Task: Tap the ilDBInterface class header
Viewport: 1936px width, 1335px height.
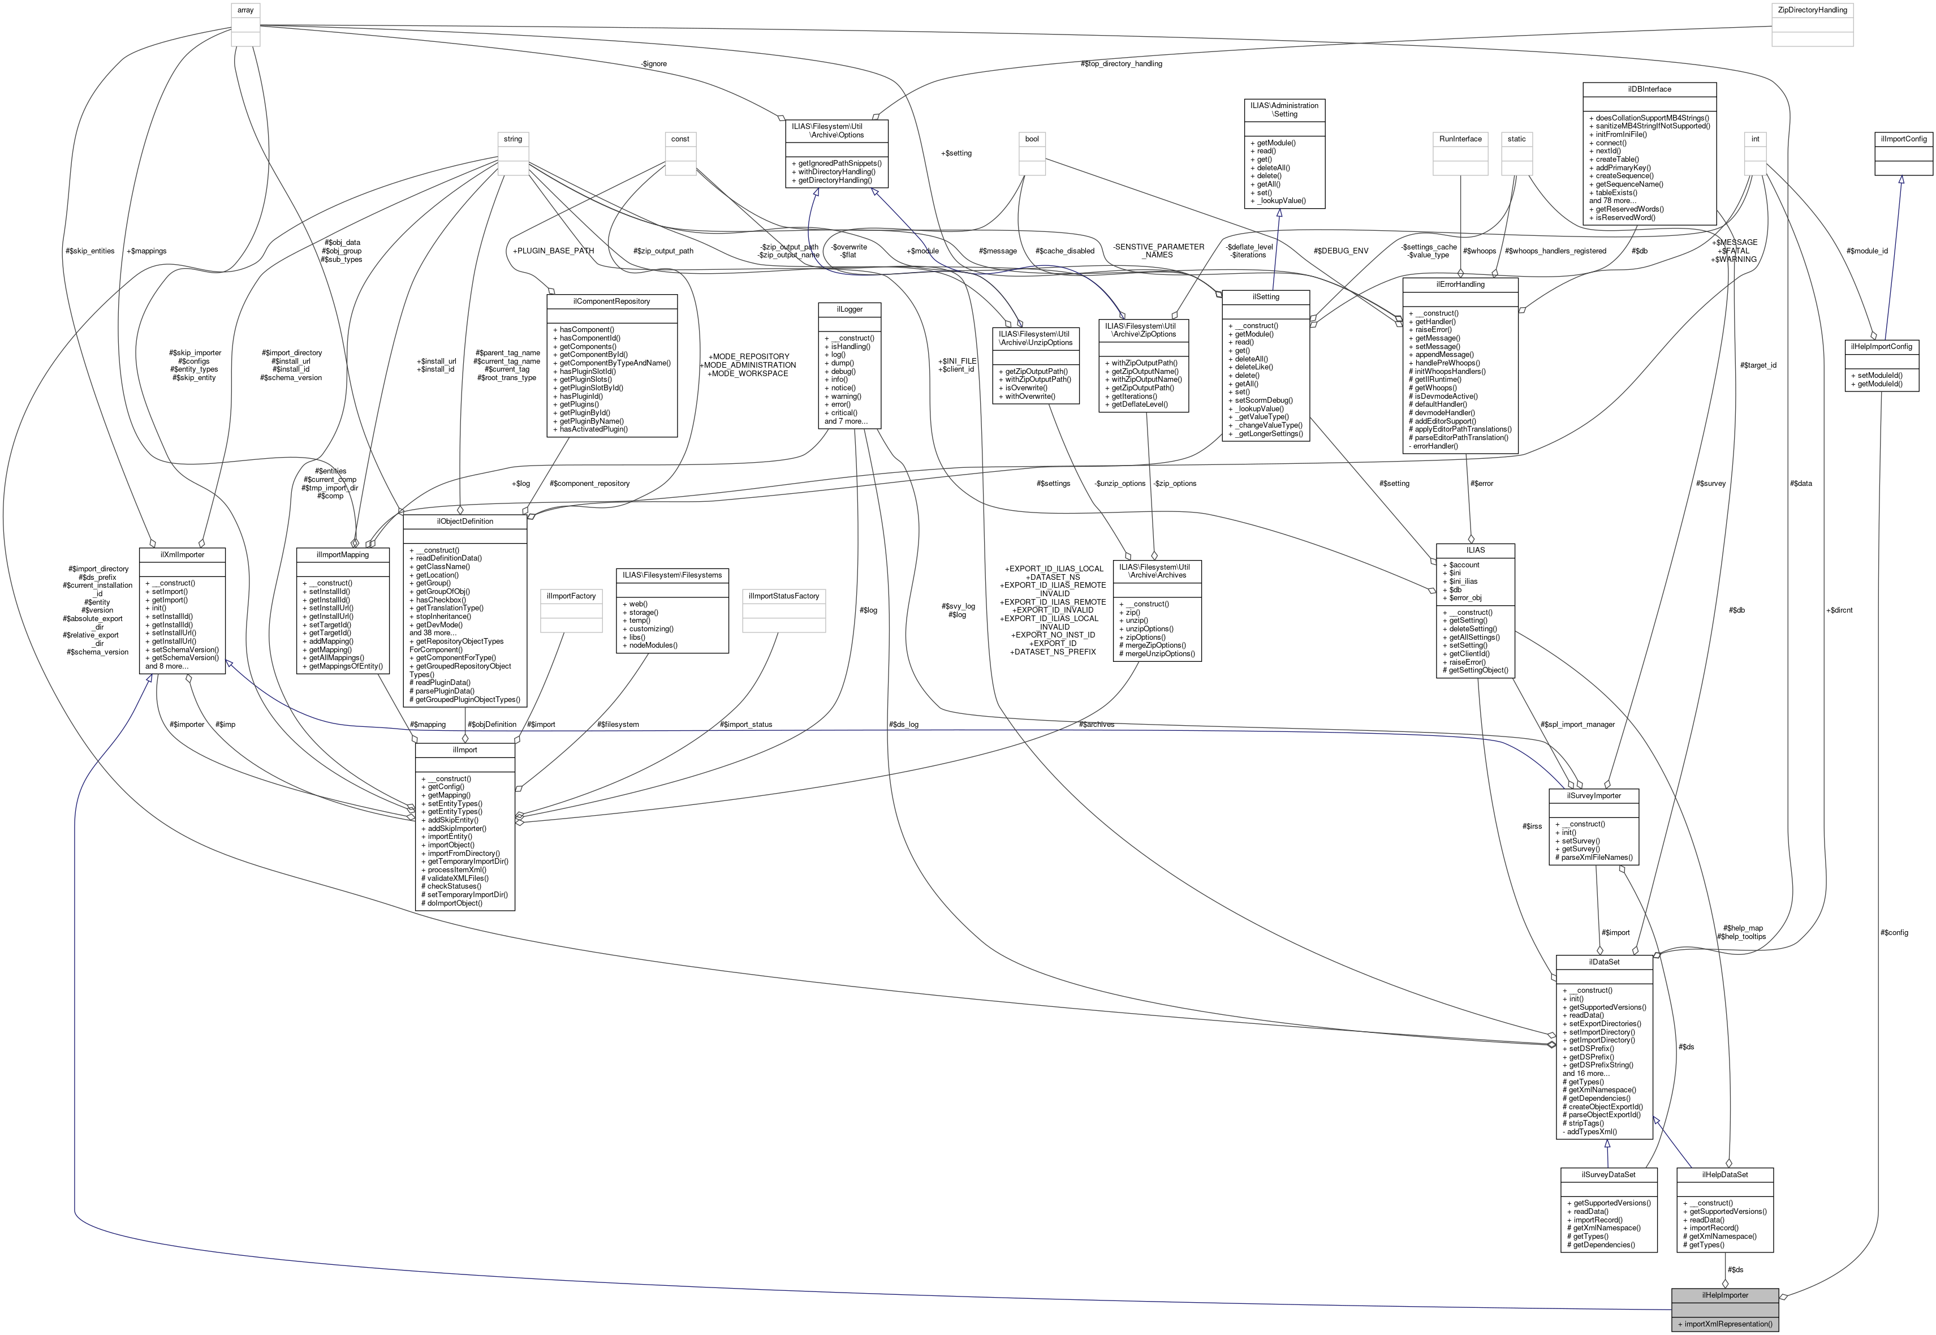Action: click(x=1649, y=89)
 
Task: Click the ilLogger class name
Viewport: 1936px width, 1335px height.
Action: click(x=850, y=309)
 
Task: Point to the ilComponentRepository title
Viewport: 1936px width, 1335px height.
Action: click(x=611, y=301)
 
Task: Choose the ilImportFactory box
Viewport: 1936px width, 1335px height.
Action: click(x=571, y=596)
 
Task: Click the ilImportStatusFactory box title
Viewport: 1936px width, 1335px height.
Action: click(x=783, y=596)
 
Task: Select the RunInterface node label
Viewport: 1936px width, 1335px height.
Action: click(x=1460, y=139)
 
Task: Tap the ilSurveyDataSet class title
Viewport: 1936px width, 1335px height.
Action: click(x=1607, y=1174)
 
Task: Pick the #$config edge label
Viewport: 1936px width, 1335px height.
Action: click(x=1894, y=933)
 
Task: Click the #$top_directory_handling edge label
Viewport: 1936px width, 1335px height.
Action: click(x=1120, y=63)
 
